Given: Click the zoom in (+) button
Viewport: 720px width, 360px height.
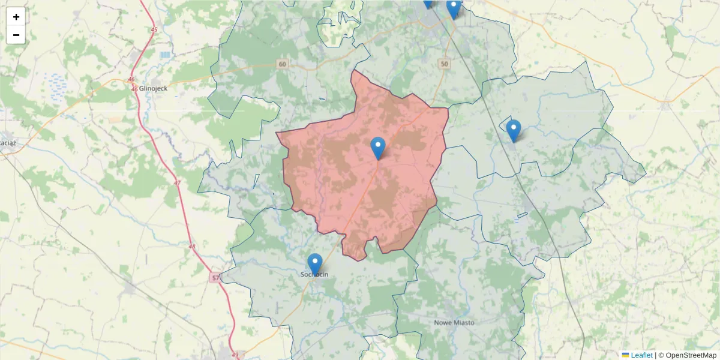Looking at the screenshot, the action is point(16,17).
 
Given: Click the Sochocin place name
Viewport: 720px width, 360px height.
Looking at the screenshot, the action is point(314,275).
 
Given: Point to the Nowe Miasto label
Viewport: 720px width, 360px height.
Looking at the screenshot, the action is point(454,322).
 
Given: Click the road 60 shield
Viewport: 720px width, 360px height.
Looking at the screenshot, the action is point(283,64).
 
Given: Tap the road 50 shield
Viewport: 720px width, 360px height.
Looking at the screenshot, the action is point(444,64).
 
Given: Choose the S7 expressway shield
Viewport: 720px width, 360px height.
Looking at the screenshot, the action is point(216,278).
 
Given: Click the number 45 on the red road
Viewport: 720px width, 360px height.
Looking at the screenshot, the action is point(154,29).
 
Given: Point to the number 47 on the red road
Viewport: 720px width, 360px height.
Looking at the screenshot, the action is point(176,182).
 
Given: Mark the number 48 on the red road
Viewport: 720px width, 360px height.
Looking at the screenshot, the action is point(192,247).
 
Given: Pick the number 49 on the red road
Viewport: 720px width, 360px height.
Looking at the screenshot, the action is point(235,355).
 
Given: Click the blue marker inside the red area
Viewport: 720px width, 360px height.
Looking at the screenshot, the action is point(377,148).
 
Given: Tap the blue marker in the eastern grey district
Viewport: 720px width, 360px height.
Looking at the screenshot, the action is point(513,130).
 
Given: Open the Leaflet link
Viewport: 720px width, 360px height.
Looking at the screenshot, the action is point(641,355).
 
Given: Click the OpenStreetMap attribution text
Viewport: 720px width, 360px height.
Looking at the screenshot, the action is point(688,355).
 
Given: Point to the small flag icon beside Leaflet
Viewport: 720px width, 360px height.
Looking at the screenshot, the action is point(625,355).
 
